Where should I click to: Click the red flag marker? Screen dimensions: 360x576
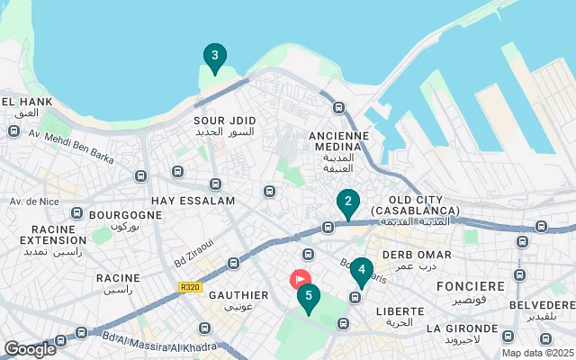(300, 280)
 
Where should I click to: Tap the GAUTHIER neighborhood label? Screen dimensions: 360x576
(238, 295)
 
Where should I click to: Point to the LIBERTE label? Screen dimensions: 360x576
(400, 310)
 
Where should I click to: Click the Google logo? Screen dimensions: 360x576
(30, 348)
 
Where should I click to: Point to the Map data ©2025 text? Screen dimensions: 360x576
(536, 353)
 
